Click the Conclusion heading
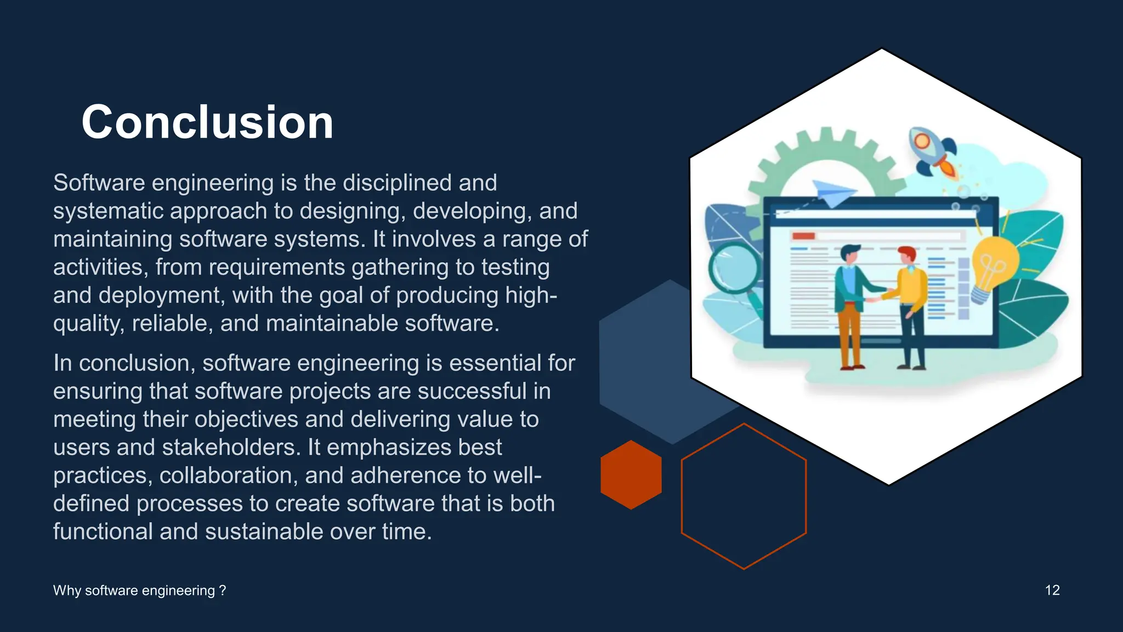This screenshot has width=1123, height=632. click(x=207, y=122)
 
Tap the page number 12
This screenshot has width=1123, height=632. click(x=1052, y=590)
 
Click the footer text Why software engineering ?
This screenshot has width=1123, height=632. click(x=139, y=590)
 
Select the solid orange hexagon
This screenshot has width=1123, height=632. click(x=631, y=475)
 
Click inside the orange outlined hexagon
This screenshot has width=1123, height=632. click(x=744, y=496)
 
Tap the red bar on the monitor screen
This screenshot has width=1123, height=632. click(x=803, y=236)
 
